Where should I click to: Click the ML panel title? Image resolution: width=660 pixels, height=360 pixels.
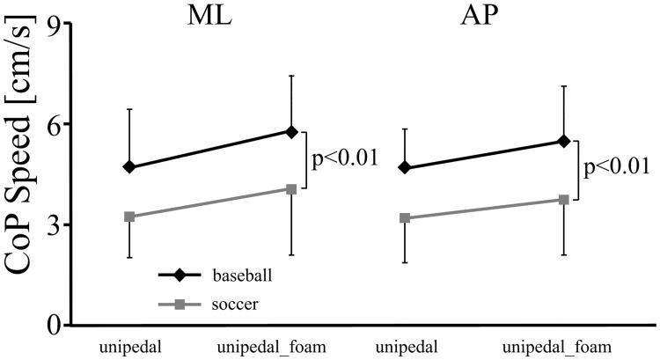click(213, 18)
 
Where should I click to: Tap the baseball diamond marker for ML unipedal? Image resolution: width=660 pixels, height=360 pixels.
click(129, 167)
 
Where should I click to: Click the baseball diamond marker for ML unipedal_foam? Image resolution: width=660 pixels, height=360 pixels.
click(291, 131)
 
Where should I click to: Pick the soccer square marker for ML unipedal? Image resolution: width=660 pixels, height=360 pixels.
click(129, 217)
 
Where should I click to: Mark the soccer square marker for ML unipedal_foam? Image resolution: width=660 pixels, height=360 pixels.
click(291, 189)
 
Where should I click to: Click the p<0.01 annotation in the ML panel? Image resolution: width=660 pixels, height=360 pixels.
click(345, 159)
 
